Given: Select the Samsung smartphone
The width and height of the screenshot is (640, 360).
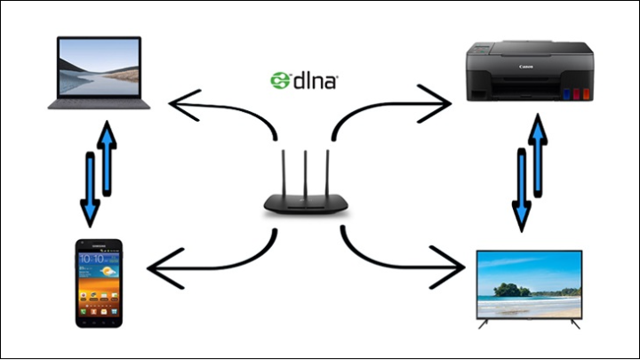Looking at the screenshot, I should (x=97, y=283).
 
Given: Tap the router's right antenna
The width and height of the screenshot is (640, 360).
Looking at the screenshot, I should (x=325, y=174).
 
